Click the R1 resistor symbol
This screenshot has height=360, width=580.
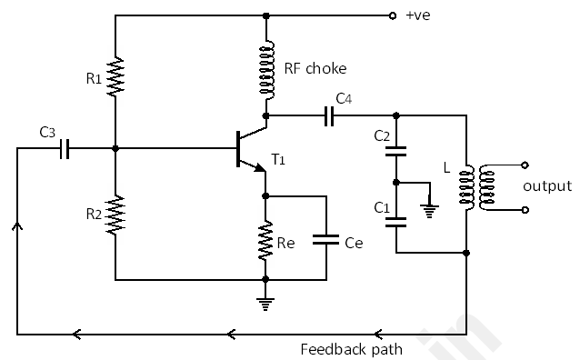click(115, 78)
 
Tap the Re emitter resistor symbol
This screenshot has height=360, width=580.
click(265, 241)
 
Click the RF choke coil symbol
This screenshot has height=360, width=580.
click(266, 72)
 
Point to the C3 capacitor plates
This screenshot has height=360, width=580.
click(64, 149)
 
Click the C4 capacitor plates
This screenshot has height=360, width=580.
click(330, 115)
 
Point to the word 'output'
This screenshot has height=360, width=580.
click(547, 186)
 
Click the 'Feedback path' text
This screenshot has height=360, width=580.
click(351, 348)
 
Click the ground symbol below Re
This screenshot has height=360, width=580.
click(265, 303)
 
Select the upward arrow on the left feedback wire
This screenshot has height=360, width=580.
click(16, 225)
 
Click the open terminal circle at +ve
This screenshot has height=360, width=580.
click(392, 15)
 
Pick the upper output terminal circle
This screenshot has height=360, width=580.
click(525, 165)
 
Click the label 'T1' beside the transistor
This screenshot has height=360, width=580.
click(278, 160)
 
